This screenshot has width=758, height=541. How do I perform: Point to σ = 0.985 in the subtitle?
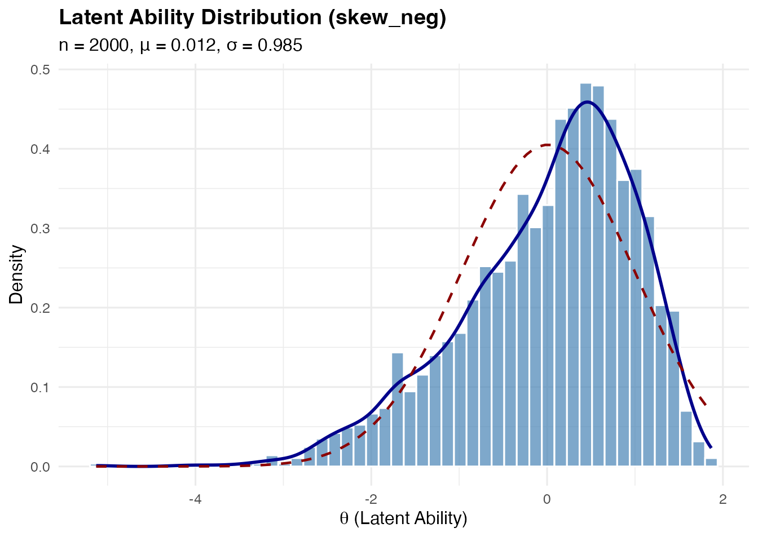(x=265, y=45)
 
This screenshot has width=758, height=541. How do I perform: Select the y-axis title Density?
(x=16, y=274)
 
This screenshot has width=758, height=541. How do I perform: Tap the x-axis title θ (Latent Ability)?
(x=404, y=518)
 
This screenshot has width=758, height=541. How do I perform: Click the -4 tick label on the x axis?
(x=195, y=499)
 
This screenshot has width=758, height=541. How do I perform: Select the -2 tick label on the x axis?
(x=371, y=499)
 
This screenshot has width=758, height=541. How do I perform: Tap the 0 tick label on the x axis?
(x=547, y=499)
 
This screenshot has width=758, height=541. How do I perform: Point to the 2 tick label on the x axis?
(x=722, y=499)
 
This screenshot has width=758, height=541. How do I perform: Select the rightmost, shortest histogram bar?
(x=711, y=463)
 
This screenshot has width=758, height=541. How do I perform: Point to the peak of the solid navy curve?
(x=587, y=102)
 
